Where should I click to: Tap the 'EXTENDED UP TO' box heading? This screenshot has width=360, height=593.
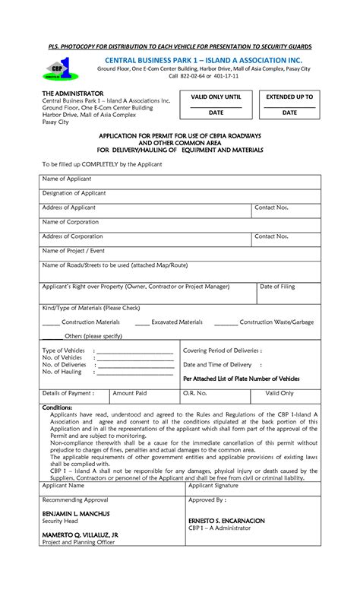(x=289, y=97)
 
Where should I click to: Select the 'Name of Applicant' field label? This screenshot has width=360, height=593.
(x=67, y=179)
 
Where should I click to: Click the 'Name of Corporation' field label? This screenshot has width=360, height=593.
(x=71, y=222)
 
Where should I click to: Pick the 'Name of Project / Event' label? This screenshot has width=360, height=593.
(x=73, y=250)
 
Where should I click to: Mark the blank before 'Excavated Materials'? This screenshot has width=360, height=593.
(x=142, y=323)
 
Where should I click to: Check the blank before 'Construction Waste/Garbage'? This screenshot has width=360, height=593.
(x=226, y=323)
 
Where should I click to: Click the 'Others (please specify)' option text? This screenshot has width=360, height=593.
(x=93, y=335)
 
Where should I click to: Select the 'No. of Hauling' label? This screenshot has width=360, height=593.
(x=62, y=372)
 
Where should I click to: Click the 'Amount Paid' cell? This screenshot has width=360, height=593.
(x=130, y=393)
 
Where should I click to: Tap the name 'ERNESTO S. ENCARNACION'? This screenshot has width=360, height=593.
(x=226, y=521)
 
